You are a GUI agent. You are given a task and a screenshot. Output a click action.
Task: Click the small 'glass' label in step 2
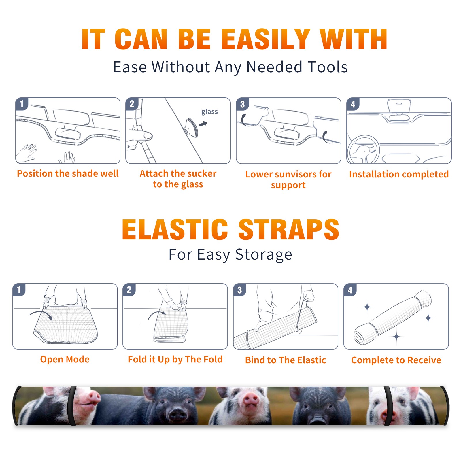pos(209,112)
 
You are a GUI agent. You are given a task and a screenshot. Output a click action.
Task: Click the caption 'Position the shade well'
pos(68,173)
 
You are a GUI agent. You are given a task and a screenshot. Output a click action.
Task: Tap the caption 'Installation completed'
pos(399,174)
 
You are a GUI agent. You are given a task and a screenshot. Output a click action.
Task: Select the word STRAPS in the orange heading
pos(289,229)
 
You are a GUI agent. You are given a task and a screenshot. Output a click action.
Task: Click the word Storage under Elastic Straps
pos(264,255)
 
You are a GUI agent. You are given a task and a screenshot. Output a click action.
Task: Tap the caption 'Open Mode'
pos(65,360)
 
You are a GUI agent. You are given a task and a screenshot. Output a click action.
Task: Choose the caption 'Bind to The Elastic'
pos(286,360)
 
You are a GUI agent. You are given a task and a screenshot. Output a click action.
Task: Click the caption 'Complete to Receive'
pos(396,360)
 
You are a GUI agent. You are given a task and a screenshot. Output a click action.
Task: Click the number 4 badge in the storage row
pos(350,290)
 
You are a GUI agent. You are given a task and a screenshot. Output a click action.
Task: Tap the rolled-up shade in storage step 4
pos(393,318)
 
